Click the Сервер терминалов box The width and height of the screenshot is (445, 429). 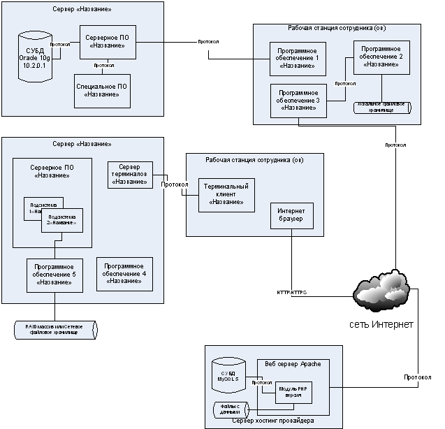tap(131, 175)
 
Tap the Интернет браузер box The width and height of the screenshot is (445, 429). tap(292, 217)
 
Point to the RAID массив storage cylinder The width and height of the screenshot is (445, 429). tap(55, 330)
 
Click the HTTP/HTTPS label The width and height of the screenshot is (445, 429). tap(291, 293)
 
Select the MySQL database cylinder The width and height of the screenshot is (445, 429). tap(231, 378)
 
